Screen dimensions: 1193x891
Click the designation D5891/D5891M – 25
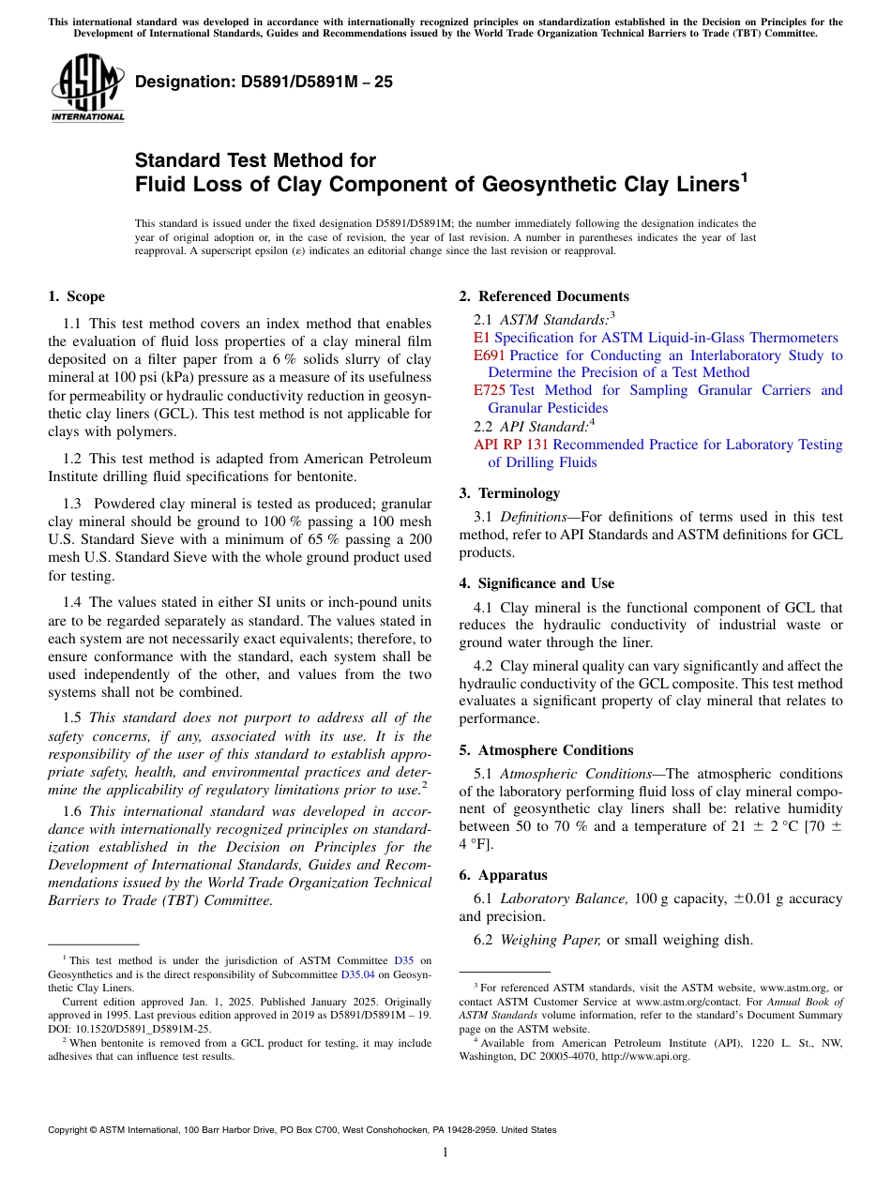[264, 83]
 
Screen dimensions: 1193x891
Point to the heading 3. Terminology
[509, 493]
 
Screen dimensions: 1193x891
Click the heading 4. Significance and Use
[536, 583]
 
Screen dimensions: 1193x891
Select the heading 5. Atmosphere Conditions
[546, 750]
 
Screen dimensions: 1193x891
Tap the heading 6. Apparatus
[503, 875]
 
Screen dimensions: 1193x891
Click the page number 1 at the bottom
[445, 1153]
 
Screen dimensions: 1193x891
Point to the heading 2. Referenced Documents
[544, 296]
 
